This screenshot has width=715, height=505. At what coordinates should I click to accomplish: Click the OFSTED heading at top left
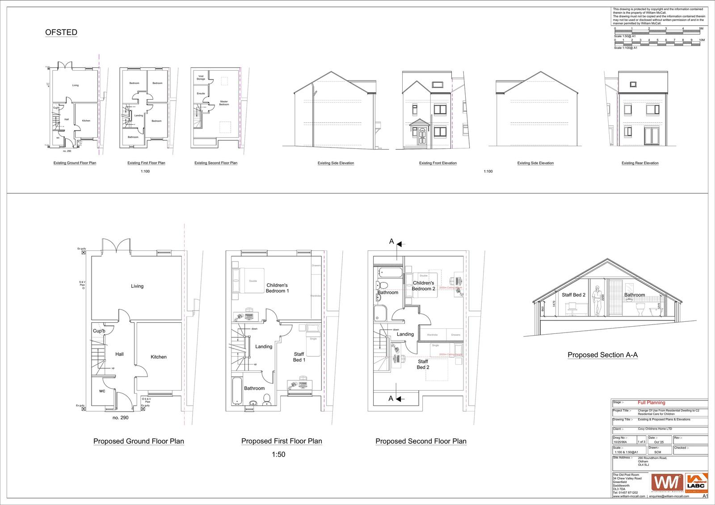tap(61, 32)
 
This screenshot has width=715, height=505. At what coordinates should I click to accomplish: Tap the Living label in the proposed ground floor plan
tap(137, 286)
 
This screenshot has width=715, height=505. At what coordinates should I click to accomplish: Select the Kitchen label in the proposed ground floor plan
tap(159, 357)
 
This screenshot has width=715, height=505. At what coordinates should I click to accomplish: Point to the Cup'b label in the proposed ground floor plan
tap(99, 331)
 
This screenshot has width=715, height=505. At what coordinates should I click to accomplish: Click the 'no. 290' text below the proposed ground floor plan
tap(121, 417)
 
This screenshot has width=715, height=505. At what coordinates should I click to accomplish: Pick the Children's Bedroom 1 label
tap(278, 288)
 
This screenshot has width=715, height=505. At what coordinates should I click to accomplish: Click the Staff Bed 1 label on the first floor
tap(299, 357)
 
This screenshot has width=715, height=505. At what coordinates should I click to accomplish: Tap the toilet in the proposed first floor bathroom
tap(267, 399)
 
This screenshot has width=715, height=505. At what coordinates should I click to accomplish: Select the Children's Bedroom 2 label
tap(423, 286)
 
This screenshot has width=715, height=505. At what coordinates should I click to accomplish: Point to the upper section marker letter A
tap(391, 241)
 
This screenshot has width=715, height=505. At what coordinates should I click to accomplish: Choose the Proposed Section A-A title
tap(602, 355)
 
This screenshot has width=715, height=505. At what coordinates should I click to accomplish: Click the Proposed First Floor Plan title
tap(282, 441)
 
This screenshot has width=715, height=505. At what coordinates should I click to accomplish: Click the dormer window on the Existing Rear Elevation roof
tap(633, 84)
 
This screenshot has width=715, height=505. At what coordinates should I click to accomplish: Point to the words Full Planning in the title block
tap(651, 403)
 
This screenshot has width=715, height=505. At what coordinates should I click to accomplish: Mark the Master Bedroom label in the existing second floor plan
tap(224, 103)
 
